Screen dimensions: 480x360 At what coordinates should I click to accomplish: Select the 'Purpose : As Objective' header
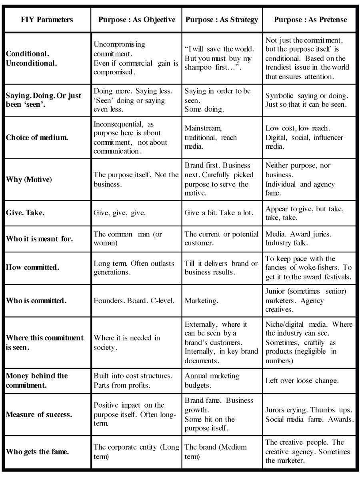pos(136,20)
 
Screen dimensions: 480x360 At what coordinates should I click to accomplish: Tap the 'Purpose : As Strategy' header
pos(222,20)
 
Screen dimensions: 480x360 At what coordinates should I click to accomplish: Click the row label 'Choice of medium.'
pos(37,138)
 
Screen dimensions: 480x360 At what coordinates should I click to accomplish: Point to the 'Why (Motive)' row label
pos(29,180)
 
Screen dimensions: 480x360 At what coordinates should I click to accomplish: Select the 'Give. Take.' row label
pos(25,213)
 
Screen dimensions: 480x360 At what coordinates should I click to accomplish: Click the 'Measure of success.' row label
pos(39,414)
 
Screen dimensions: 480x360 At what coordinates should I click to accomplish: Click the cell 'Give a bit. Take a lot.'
pos(219,213)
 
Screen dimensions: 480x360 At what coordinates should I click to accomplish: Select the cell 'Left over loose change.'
pos(302,380)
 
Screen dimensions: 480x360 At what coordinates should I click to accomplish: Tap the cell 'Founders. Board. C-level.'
pos(134,300)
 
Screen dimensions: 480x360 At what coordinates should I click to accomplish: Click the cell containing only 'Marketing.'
pos(201,300)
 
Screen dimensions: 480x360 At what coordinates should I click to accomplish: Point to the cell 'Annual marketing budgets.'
pos(212,380)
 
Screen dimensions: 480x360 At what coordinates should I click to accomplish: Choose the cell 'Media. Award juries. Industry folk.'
pos(298,238)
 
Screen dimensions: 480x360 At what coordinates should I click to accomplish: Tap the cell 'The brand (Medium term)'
pos(216,452)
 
